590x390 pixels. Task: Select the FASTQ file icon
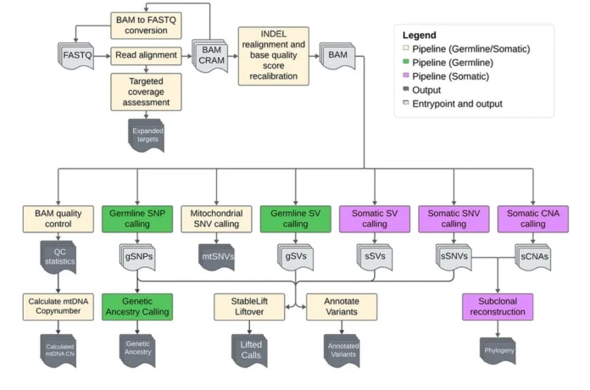tap(79, 56)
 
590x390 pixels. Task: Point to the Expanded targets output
tap(146, 133)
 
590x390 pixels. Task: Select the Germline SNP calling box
tap(137, 218)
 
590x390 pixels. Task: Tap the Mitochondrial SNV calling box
tap(216, 218)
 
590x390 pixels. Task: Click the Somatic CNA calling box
tap(532, 218)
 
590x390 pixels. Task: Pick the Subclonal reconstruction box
tap(498, 306)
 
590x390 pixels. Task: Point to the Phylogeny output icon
tap(498, 348)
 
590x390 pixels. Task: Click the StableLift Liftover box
tap(251, 306)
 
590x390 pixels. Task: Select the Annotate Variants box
tap(341, 306)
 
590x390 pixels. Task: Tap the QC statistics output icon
tap(59, 257)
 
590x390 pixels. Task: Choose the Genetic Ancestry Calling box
tap(137, 306)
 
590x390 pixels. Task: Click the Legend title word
tap(420, 36)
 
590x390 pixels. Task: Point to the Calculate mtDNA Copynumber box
tap(58, 306)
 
